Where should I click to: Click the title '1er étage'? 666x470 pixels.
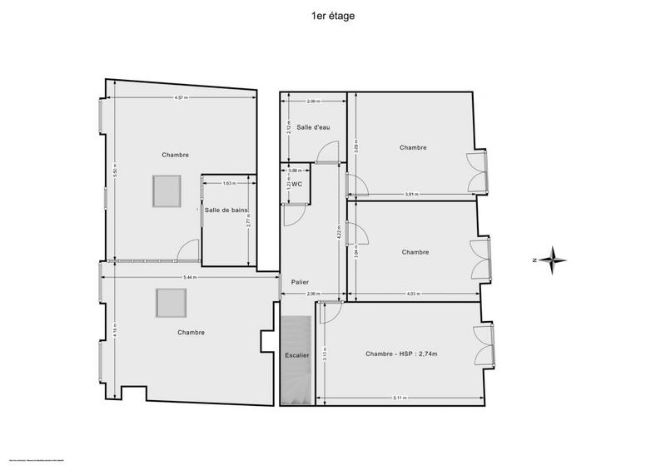point(332,16)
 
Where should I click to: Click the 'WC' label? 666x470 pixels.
point(296,185)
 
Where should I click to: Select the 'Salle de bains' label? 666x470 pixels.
point(227,210)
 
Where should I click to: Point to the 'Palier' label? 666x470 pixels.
point(300,282)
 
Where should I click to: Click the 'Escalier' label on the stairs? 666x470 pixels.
point(297,356)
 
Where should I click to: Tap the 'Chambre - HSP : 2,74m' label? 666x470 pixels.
point(401,354)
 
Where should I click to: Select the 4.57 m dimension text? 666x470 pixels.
point(181,98)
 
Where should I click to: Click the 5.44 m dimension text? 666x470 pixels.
point(189,278)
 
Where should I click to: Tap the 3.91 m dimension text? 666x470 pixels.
point(411,195)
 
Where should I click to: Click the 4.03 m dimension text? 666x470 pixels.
point(414,294)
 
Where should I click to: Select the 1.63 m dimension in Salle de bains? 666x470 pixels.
point(229,183)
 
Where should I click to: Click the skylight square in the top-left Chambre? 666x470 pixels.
point(165,192)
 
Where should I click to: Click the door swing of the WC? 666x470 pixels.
point(293,215)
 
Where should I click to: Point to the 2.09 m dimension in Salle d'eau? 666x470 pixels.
point(312,101)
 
